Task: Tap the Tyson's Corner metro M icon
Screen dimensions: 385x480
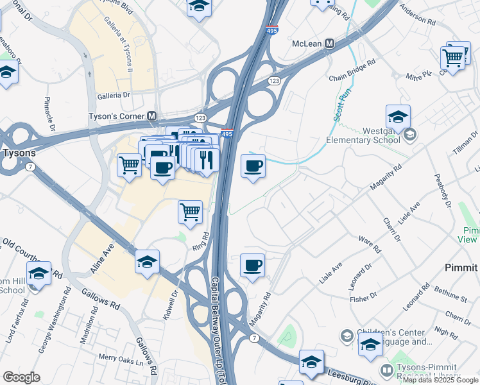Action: tap(152, 116)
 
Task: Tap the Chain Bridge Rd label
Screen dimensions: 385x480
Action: tap(352, 71)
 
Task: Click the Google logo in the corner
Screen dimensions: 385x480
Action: tap(21, 377)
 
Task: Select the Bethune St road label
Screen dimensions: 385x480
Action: tap(449, 295)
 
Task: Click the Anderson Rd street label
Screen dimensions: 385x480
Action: tap(417, 15)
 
